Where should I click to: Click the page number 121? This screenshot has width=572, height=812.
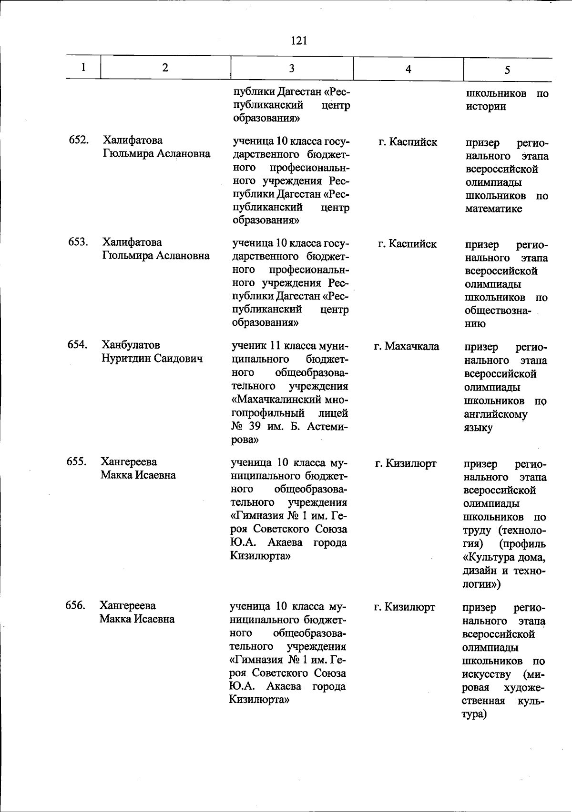[x=298, y=41]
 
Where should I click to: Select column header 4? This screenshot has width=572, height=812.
[x=408, y=69]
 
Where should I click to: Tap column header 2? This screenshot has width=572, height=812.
[x=165, y=68]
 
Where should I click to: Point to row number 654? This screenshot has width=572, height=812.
[x=77, y=344]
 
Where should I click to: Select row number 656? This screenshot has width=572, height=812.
[x=76, y=605]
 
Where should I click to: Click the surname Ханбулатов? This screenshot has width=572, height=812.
[x=131, y=345]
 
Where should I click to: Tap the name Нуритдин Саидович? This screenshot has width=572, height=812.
[x=152, y=358]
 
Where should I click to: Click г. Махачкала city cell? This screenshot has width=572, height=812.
[x=407, y=346]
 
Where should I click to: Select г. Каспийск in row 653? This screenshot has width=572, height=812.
[x=407, y=244]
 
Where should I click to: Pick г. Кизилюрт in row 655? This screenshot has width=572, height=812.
[x=406, y=463]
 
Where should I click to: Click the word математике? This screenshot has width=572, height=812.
[x=494, y=209]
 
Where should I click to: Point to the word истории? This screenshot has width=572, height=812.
[x=486, y=107]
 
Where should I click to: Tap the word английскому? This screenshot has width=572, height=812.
[x=496, y=414]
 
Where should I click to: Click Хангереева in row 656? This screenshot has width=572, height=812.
[x=128, y=606]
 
